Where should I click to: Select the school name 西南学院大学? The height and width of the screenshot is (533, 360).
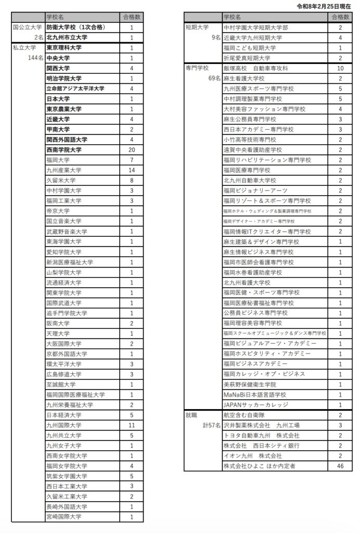click(x=64, y=150)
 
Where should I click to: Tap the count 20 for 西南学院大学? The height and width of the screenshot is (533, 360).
click(x=132, y=150)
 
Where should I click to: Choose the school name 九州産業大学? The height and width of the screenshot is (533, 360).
click(x=64, y=170)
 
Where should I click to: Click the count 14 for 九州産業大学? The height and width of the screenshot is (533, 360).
click(x=132, y=170)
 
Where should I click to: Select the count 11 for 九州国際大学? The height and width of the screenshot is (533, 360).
click(x=132, y=425)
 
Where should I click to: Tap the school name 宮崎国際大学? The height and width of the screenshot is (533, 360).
click(x=64, y=517)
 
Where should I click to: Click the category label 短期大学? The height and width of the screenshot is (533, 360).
click(x=197, y=28)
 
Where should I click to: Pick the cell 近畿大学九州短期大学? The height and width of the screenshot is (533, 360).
click(x=253, y=37)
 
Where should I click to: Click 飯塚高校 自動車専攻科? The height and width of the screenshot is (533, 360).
click(x=255, y=68)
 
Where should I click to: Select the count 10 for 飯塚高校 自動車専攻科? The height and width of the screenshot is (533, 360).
click(x=340, y=68)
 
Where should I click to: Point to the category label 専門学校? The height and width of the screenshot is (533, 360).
click(x=197, y=68)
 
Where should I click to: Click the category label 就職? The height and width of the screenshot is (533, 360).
click(x=191, y=415)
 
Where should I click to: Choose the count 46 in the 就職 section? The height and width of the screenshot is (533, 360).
click(x=340, y=466)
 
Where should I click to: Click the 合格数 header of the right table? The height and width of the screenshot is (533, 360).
click(x=340, y=17)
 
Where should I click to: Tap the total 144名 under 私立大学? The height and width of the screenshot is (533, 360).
click(x=36, y=58)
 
